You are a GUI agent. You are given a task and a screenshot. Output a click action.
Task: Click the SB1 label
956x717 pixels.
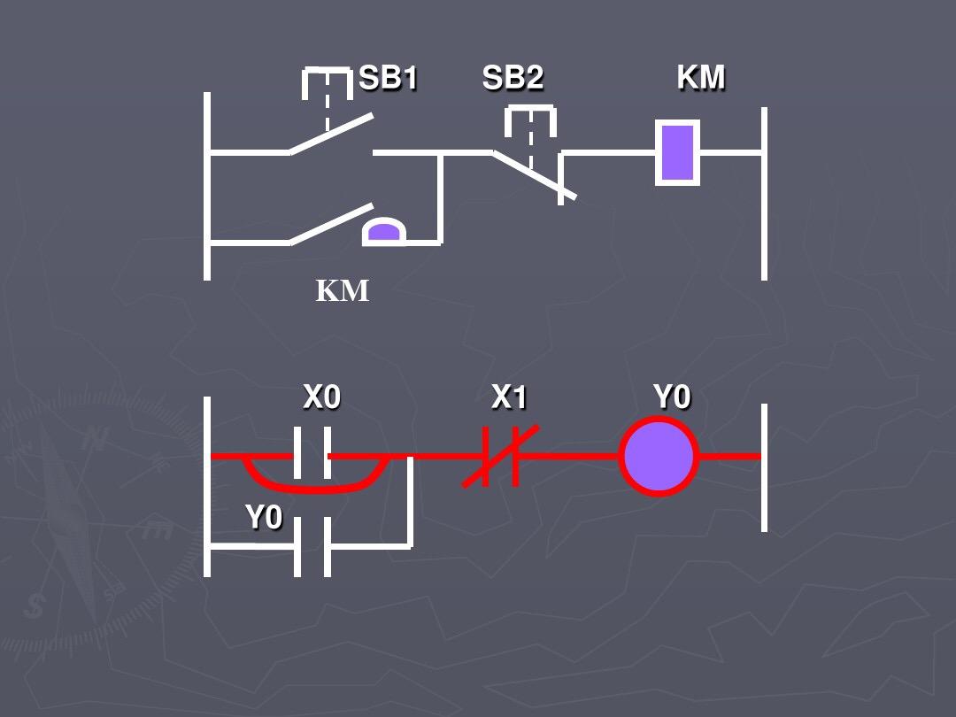[x=388, y=79]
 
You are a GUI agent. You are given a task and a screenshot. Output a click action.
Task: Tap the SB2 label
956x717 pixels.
[x=513, y=79]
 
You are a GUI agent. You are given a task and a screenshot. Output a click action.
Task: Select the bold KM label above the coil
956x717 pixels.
[x=701, y=78]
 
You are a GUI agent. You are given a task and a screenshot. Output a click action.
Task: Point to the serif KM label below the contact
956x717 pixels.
[x=343, y=290]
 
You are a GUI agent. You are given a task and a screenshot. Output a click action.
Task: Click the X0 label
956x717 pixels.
[x=321, y=397]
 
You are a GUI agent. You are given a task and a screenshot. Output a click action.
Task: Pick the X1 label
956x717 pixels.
[x=509, y=397]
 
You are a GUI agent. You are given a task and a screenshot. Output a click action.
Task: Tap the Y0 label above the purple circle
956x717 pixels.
[x=672, y=397]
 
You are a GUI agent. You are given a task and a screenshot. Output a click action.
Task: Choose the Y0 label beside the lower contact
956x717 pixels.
[x=263, y=517]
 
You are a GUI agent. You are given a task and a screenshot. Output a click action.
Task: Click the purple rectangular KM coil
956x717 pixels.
[x=677, y=152]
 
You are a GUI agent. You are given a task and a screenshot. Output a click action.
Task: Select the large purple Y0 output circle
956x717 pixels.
[x=659, y=457]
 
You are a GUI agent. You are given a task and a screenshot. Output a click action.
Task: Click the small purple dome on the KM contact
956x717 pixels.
[x=383, y=232]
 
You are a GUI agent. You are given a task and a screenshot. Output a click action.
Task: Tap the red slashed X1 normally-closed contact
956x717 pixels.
[x=501, y=457]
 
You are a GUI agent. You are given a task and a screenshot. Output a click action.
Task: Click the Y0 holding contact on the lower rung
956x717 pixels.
[x=312, y=546]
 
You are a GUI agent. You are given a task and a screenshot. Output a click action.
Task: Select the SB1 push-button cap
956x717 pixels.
[x=327, y=81]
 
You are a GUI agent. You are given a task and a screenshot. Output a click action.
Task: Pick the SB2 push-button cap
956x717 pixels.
[x=530, y=119]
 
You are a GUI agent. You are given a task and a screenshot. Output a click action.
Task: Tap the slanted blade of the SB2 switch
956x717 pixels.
[x=535, y=175]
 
